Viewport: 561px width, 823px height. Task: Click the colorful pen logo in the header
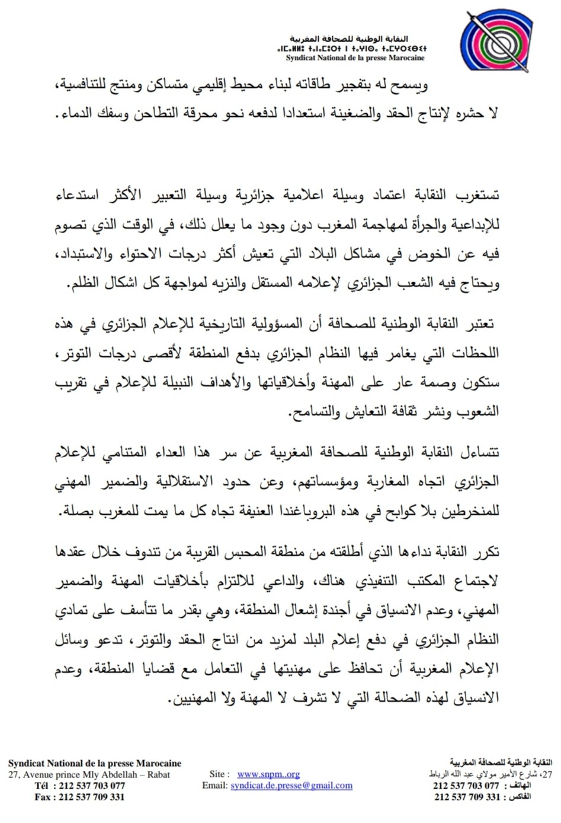click(x=493, y=39)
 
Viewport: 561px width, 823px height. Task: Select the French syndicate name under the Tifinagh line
click(x=355, y=58)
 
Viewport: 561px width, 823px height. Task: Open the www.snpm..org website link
click(x=268, y=774)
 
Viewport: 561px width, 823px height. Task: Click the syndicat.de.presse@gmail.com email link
click(x=291, y=785)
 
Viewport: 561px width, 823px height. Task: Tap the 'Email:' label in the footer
click(x=215, y=785)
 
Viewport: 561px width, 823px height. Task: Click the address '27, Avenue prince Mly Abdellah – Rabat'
click(x=89, y=774)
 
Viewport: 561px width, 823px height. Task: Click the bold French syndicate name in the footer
click(x=95, y=763)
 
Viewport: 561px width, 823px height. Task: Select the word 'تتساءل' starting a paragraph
click(x=480, y=452)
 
